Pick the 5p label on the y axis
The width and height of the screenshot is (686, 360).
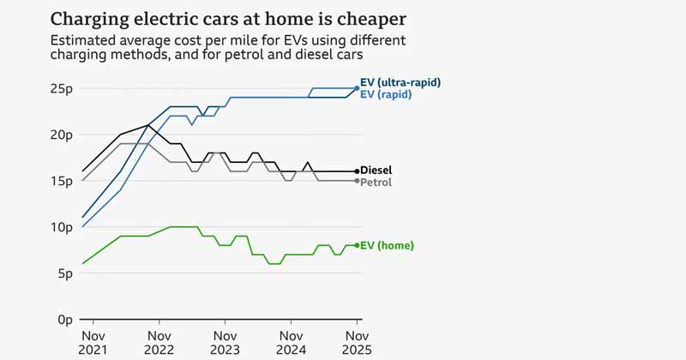click(63, 273)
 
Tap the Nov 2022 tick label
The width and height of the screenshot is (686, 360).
click(159, 343)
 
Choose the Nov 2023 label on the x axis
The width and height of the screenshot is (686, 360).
click(226, 343)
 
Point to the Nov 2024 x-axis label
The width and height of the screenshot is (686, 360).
click(291, 343)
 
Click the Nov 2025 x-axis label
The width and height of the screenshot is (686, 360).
click(357, 343)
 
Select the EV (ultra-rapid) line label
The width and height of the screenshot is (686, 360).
click(400, 82)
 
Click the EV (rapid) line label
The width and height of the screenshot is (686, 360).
click(387, 94)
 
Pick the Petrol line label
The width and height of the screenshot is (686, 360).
click(376, 183)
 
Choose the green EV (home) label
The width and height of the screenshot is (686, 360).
click(388, 246)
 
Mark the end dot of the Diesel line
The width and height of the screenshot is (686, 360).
click(357, 171)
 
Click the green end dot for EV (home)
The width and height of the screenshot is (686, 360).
click(357, 245)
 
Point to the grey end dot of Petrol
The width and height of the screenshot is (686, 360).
click(357, 181)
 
